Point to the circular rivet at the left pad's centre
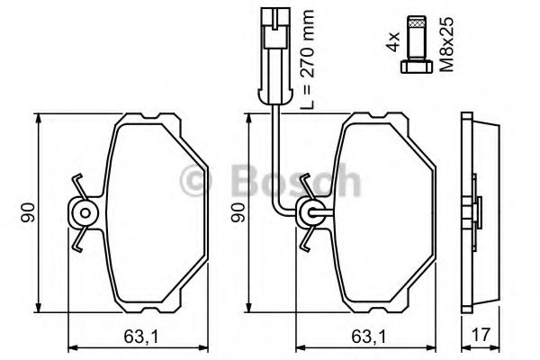83,213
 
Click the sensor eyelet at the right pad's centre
309,213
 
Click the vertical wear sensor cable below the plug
273,135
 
